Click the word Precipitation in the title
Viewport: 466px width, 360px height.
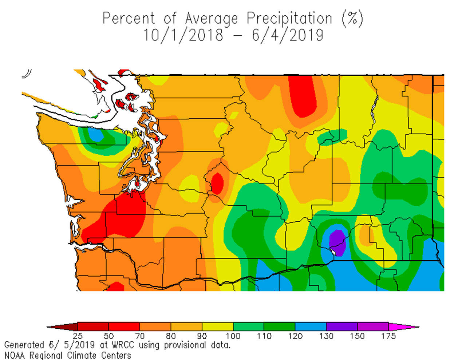coord(289,18)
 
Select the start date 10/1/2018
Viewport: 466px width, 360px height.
coord(183,35)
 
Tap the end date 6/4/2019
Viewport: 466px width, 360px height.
coord(287,35)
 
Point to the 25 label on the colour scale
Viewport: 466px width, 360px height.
coord(78,336)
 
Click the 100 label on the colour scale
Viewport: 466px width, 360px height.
coord(233,336)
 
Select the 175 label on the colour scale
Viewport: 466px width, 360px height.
coord(388,336)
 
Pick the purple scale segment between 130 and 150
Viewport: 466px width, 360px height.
coord(341,327)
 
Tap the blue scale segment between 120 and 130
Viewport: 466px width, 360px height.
coord(311,327)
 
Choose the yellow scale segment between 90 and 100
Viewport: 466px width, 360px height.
coord(217,327)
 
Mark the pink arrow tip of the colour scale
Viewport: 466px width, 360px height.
coord(404,327)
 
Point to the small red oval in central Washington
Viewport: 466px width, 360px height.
coord(217,183)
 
